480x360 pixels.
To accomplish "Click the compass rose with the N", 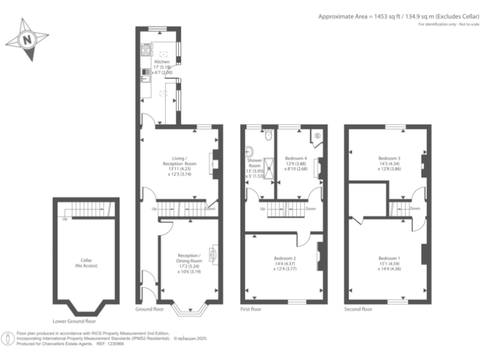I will [x=27, y=39].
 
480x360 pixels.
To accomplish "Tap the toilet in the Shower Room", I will [x=268, y=136].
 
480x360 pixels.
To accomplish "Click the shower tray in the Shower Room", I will [x=269, y=166].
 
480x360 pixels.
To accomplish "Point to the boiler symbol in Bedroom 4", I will [x=317, y=135].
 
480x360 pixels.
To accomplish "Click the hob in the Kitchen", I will [x=147, y=49].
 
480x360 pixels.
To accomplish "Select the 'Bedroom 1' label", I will [x=389, y=257].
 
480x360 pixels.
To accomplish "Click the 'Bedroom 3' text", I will [x=389, y=158].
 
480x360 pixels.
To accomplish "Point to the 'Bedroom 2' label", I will [x=285, y=257].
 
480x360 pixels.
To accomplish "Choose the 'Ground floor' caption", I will [x=149, y=309].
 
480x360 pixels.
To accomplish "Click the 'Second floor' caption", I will [x=358, y=309].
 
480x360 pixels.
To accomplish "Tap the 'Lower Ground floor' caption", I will [x=74, y=321].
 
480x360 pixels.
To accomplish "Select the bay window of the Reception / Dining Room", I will [x=188, y=307].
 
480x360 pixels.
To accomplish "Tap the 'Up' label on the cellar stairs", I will [x=64, y=219].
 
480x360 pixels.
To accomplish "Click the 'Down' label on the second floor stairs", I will [x=414, y=208].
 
